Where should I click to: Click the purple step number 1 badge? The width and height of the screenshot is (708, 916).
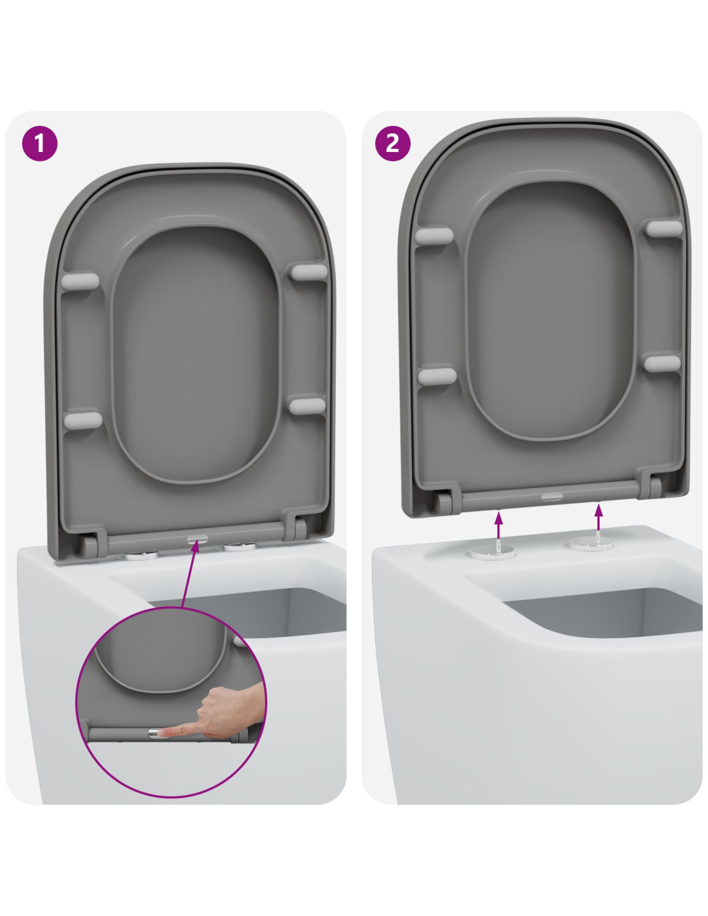click(40, 143)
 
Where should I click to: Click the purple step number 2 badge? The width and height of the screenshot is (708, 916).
click(393, 143)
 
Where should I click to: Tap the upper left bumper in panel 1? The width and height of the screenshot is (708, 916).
click(80, 281)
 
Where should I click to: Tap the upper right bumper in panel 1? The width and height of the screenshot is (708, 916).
click(309, 272)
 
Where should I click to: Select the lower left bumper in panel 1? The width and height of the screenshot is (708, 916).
click(83, 420)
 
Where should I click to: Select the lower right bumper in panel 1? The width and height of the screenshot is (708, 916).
click(308, 406)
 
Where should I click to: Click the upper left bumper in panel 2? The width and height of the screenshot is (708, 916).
click(434, 236)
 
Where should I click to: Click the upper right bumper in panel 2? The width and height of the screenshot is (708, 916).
click(664, 228)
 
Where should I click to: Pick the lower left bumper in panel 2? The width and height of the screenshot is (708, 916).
click(437, 376)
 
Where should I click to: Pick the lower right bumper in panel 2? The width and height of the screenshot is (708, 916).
click(662, 363)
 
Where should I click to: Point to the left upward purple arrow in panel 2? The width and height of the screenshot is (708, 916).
click(499, 524)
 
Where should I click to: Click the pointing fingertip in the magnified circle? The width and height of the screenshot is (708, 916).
click(163, 734)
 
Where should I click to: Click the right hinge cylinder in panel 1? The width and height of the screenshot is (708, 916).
click(300, 528)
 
